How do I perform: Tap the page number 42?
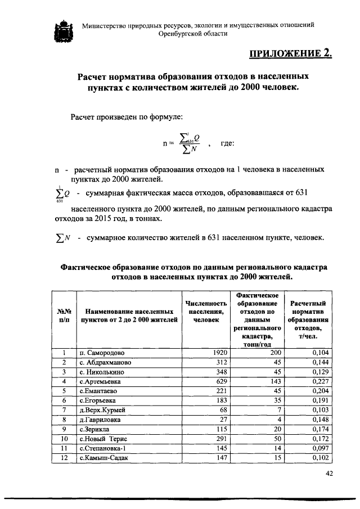(x=330, y=474)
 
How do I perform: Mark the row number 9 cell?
(x=64, y=429)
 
